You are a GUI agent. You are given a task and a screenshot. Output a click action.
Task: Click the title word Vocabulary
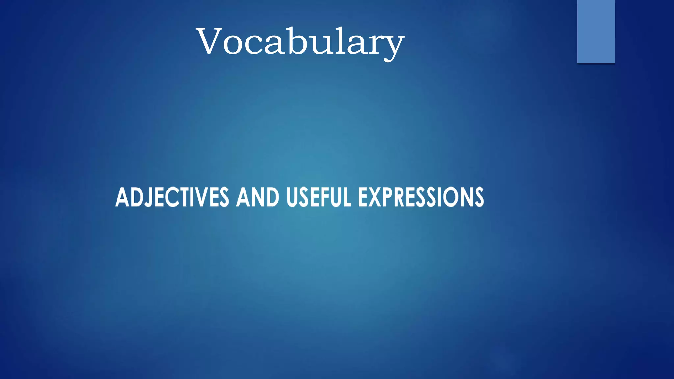300,42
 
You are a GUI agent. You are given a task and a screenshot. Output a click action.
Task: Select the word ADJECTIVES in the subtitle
172,197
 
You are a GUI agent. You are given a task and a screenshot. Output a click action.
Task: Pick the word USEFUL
319,197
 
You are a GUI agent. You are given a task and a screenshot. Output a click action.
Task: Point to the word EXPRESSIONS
421,197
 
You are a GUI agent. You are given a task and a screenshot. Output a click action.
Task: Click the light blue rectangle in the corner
596,31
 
